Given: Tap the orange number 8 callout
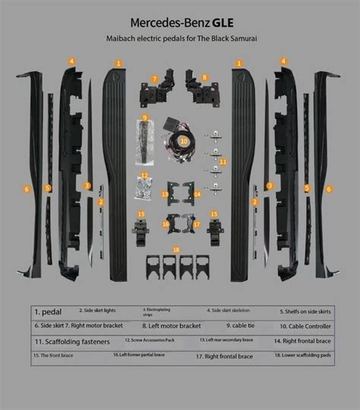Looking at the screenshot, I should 204,77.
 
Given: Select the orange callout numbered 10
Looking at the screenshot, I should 182,141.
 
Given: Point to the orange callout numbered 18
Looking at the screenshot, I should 176,249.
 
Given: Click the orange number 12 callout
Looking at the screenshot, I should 144,176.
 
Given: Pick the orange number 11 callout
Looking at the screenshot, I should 223,162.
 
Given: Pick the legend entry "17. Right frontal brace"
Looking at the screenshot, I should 224,355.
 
